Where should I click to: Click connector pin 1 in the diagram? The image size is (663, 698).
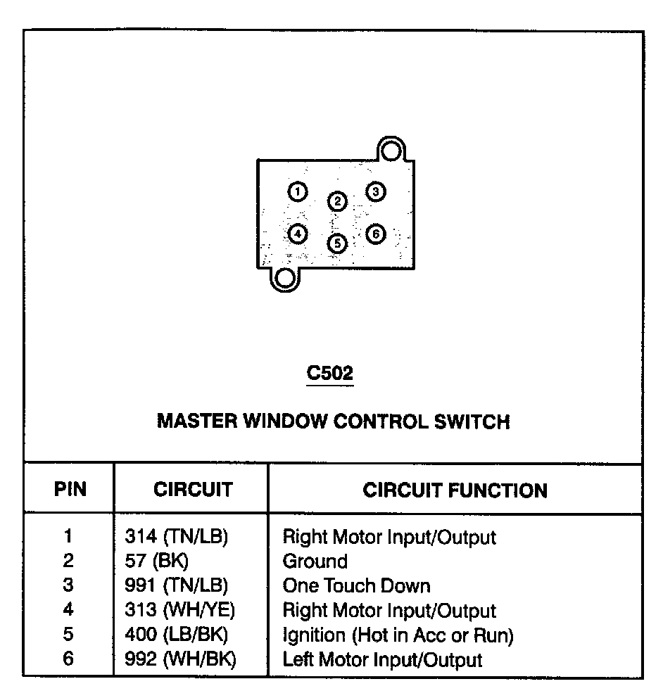pos(298,191)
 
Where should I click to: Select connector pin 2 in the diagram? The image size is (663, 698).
pos(338,202)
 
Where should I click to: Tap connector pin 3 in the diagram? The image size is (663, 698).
pos(376,191)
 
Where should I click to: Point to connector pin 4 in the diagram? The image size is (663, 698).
pos(298,234)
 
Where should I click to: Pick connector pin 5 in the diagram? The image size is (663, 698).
pos(338,243)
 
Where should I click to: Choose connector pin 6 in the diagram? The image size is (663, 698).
pos(376,234)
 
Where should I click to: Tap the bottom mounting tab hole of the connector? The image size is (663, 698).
pos(285,279)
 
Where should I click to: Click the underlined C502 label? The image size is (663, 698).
pos(330,374)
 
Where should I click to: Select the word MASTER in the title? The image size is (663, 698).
pos(197,421)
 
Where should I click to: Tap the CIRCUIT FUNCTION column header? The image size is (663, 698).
pos(455,490)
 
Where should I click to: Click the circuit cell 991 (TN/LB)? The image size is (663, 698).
pos(177,585)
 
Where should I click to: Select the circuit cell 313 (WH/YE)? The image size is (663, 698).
pos(179,611)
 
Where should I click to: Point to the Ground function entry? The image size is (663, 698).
pos(315,561)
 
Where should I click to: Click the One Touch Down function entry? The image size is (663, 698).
pos(356,585)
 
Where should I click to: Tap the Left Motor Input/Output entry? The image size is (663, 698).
pos(382,660)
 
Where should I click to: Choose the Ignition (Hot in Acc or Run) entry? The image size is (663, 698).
pos(398,635)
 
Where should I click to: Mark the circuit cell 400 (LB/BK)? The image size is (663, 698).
pos(176,635)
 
